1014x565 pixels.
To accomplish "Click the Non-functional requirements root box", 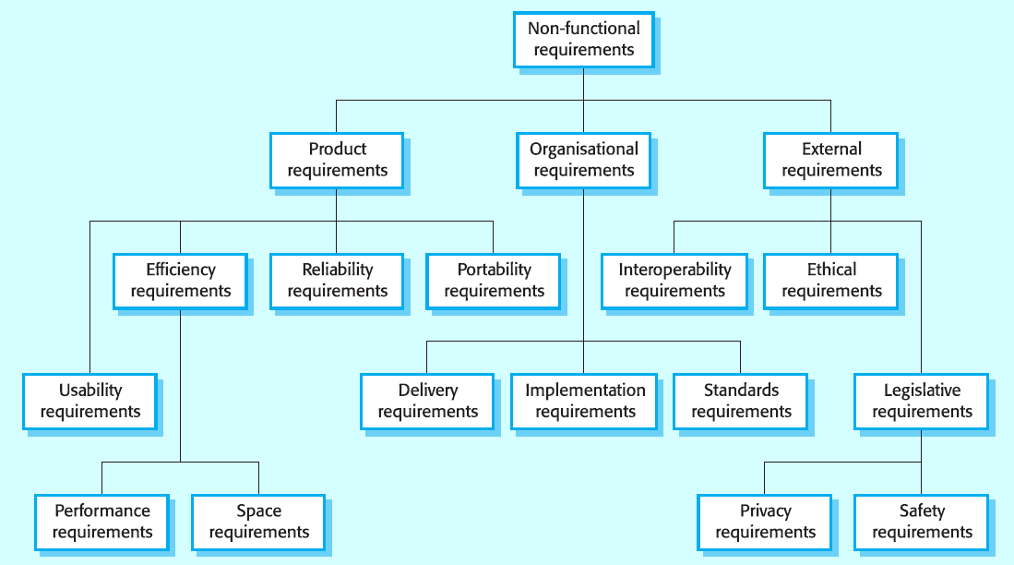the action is click(583, 40).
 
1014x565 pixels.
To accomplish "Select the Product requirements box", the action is click(337, 161).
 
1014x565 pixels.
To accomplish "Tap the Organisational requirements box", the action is click(583, 161).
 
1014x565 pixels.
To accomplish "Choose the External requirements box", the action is click(831, 161).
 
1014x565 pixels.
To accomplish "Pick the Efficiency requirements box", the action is click(181, 281).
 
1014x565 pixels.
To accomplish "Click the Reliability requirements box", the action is click(337, 281).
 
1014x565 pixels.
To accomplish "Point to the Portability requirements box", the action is click(494, 281).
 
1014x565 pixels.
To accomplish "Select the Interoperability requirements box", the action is click(674, 281).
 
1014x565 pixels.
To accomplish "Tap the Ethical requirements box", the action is click(831, 281).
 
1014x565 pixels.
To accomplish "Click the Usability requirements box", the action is click(89, 402).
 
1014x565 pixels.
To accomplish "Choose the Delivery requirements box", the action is click(427, 402).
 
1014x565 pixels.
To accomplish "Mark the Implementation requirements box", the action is click(584, 402).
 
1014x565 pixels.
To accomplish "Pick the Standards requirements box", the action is click(741, 402).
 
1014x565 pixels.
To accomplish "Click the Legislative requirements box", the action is click(922, 402).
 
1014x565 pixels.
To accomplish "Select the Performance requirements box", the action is click(102, 523).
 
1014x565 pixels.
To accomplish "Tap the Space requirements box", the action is click(258, 523).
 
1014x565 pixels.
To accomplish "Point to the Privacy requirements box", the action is click(765, 523).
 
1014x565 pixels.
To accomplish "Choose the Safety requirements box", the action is click(922, 523).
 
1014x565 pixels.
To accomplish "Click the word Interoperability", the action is click(674, 270).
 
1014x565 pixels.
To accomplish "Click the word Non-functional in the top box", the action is click(583, 29).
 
